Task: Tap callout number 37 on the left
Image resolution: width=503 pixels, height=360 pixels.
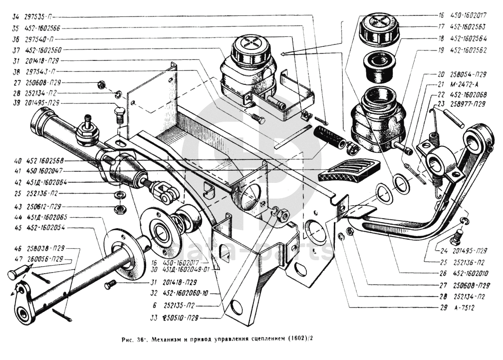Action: tap(16, 50)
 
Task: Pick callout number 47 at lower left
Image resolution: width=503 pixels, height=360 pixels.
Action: tap(17, 259)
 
